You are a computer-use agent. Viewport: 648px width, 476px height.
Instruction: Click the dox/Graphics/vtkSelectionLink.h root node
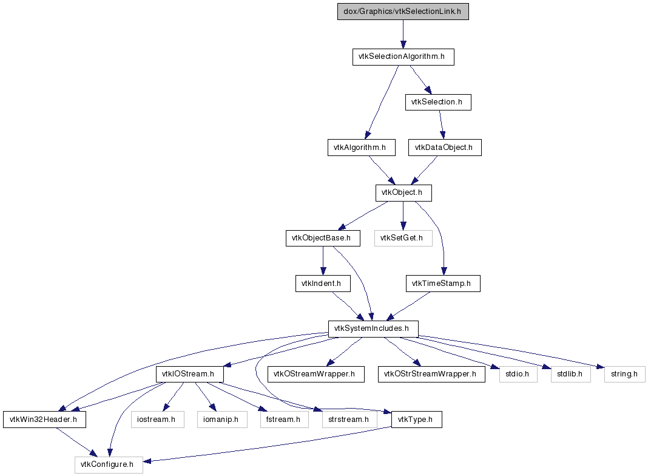pyautogui.click(x=403, y=12)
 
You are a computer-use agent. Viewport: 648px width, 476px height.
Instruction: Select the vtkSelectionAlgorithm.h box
pyautogui.click(x=403, y=57)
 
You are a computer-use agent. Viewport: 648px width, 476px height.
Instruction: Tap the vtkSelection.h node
pyautogui.click(x=438, y=102)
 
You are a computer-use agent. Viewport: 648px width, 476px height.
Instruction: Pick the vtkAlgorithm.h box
pyautogui.click(x=362, y=148)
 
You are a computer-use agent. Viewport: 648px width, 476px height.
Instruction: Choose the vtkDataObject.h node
pyautogui.click(x=445, y=148)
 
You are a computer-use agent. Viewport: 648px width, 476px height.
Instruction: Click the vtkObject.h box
pyautogui.click(x=403, y=193)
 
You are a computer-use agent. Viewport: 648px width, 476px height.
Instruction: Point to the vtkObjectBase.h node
pyautogui.click(x=323, y=238)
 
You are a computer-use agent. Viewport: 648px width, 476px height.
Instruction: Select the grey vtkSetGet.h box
pyautogui.click(x=403, y=238)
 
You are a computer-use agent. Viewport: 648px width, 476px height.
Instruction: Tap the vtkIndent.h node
pyautogui.click(x=323, y=284)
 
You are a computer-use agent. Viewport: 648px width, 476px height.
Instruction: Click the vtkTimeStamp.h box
pyautogui.click(x=443, y=284)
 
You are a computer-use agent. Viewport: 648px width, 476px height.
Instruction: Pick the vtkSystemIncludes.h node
pyautogui.click(x=373, y=329)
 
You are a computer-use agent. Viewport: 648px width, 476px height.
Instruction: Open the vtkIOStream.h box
pyautogui.click(x=190, y=374)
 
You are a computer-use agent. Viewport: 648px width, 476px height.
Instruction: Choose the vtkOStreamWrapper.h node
pyautogui.click(x=316, y=374)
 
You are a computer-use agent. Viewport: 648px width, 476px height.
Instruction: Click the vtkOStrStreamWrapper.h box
pyautogui.click(x=431, y=374)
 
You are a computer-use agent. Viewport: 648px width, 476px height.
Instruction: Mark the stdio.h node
pyautogui.click(x=518, y=374)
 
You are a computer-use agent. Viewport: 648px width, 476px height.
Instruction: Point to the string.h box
pyautogui.click(x=625, y=374)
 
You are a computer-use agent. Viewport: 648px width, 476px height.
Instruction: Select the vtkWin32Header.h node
pyautogui.click(x=45, y=420)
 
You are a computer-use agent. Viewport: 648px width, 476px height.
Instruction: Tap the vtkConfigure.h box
pyautogui.click(x=109, y=465)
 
